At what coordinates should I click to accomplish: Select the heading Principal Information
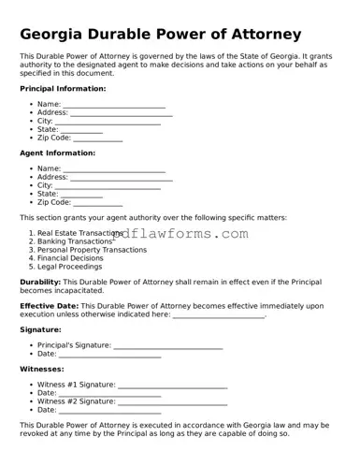tap(63, 89)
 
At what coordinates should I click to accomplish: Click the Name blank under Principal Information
tap(114, 105)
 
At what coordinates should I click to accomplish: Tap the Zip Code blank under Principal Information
tap(97, 138)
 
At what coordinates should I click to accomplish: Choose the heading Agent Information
tap(57, 153)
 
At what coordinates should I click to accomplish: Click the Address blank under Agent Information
tap(122, 177)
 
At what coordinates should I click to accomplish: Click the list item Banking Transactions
tap(75, 241)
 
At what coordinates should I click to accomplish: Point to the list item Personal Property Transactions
tap(92, 250)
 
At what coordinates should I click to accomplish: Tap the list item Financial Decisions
tap(70, 258)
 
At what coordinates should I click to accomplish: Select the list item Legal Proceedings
tap(69, 267)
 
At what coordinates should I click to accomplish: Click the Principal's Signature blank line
tap(168, 345)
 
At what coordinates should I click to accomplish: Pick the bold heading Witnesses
tap(42, 369)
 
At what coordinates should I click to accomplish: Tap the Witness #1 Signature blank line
tap(173, 385)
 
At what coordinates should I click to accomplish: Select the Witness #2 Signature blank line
tap(173, 401)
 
